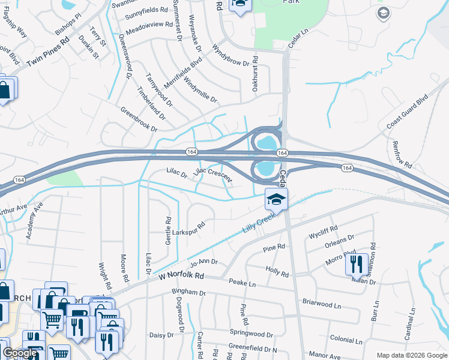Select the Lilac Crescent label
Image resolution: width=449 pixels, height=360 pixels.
pos(212,173)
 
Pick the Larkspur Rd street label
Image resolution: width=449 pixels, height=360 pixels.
pos(189,229)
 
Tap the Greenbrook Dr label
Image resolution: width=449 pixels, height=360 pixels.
pos(139,120)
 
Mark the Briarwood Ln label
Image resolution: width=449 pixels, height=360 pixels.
pos(321,304)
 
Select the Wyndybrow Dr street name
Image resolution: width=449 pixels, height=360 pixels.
pos(231,58)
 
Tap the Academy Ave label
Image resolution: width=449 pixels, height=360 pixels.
pos(35,220)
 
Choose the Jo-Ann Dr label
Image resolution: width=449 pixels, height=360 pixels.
pos(203,262)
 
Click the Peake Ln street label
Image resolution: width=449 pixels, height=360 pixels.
pos(242,283)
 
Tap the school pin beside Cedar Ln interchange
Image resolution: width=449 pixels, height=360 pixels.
pos(276,200)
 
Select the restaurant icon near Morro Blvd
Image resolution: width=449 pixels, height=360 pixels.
pos(357,265)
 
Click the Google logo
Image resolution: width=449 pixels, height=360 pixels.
pos(20,353)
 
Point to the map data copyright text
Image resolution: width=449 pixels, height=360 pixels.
pos(411,355)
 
